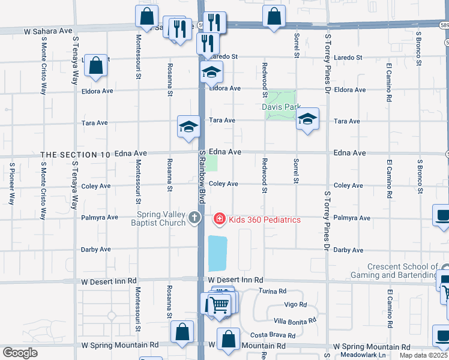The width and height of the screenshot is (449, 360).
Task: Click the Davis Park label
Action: [x=281, y=107]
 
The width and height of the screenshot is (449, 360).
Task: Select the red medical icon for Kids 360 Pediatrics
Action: [x=220, y=220]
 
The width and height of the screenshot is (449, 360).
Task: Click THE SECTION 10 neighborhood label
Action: [x=75, y=155]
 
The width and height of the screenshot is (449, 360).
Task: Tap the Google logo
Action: [x=20, y=353]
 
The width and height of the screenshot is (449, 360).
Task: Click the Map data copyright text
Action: [x=424, y=355]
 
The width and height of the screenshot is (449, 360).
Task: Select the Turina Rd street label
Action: [x=273, y=291]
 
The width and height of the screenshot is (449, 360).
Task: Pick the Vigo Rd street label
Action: [x=296, y=305]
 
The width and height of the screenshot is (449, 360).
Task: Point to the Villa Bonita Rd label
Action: [x=295, y=321]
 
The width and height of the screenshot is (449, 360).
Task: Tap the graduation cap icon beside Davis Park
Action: [x=307, y=119]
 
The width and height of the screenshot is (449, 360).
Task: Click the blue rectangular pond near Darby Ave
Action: [x=217, y=253]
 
